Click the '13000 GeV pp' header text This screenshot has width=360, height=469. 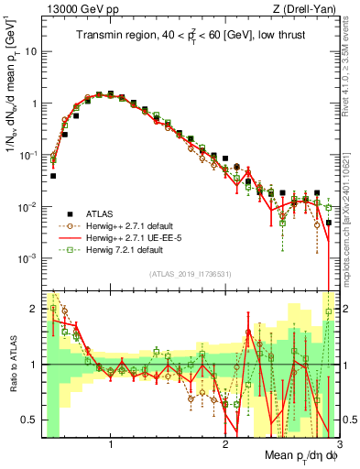point(81,8)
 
